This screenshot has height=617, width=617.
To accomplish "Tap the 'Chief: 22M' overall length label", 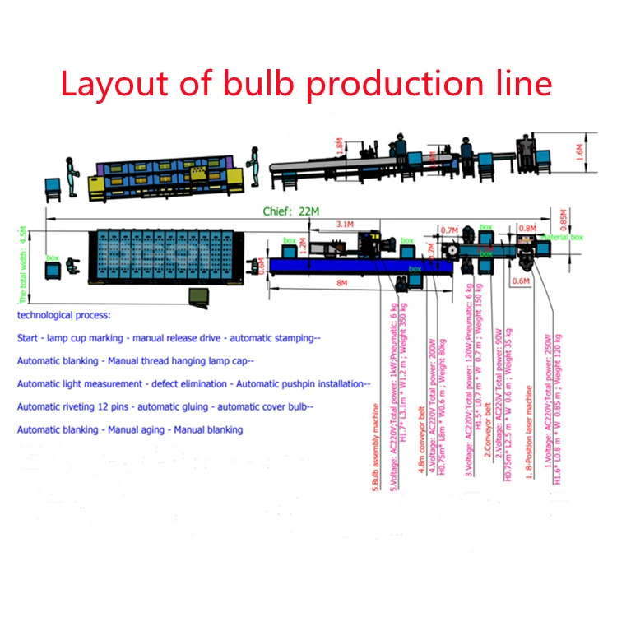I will point(290,211).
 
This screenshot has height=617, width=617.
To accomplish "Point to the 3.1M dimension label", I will point(346,223).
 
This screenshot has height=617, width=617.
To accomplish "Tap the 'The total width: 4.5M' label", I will point(23,263).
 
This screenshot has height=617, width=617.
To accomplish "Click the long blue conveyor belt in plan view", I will point(346,266).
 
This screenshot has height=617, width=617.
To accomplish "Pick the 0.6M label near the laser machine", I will point(521,281).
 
